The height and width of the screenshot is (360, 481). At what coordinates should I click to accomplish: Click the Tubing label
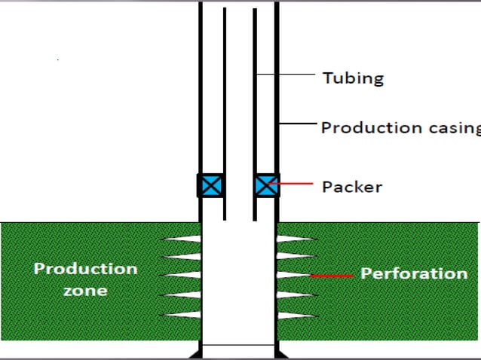point(353,78)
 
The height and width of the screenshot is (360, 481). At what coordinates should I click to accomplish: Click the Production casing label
point(400,127)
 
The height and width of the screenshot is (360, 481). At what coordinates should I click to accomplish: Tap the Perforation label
point(414,273)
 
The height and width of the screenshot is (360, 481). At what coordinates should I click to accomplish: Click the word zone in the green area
point(84,290)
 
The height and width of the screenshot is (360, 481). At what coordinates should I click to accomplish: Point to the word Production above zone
point(85,269)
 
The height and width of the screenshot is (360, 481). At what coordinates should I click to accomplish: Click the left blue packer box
point(210,185)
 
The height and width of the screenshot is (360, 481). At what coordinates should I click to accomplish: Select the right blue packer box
point(266,185)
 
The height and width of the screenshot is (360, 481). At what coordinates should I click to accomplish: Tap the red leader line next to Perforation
point(332,276)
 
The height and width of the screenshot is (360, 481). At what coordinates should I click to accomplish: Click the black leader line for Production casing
point(298,124)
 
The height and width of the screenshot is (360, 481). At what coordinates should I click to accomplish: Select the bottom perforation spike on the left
point(181,314)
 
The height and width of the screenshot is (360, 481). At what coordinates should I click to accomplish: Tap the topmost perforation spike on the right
point(296,239)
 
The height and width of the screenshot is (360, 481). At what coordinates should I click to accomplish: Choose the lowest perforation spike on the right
point(296,314)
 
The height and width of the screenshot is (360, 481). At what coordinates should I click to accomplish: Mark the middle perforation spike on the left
point(181,276)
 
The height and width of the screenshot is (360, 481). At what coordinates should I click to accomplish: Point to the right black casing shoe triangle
point(282,352)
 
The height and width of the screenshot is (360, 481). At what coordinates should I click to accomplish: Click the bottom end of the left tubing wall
point(225,218)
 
